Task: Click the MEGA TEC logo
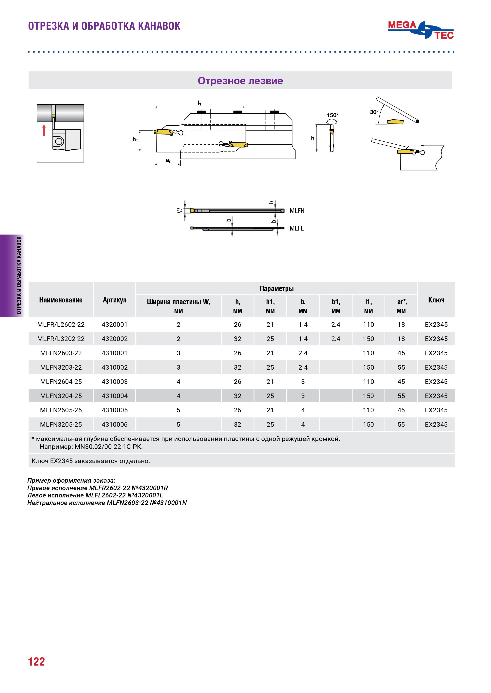421,30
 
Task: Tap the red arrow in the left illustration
44,130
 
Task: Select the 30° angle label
374,112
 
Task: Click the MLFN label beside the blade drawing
297,211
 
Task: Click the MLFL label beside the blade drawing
296,229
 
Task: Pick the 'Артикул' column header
115,300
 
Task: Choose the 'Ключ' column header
436,300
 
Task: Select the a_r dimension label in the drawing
168,161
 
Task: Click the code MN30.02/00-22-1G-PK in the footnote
108,447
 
